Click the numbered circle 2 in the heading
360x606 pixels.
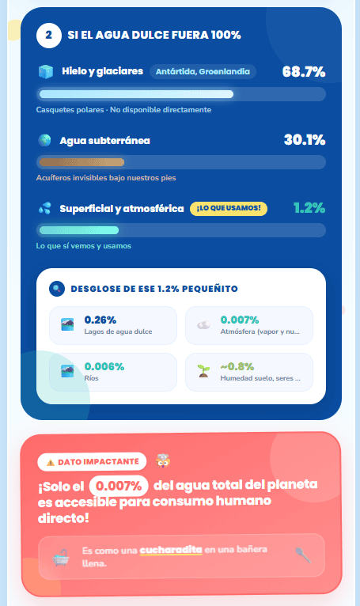tap(49, 36)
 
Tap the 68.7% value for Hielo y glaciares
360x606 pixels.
tap(304, 72)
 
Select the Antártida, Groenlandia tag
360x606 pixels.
tap(203, 71)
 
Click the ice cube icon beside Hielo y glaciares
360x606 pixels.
tap(46, 72)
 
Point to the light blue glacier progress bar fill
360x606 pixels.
tap(136, 94)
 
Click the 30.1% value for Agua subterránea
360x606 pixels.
tap(305, 140)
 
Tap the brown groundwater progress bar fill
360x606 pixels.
tap(81, 162)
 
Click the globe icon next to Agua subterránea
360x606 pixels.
tap(44, 140)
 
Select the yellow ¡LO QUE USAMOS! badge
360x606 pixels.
tap(229, 208)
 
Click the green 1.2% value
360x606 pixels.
tap(309, 208)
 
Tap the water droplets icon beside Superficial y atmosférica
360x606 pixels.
tap(44, 209)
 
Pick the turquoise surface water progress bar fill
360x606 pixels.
tap(79, 230)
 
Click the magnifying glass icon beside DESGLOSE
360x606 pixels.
tap(57, 289)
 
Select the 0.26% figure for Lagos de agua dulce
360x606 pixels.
tap(100, 320)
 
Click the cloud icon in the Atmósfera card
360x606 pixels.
tap(203, 325)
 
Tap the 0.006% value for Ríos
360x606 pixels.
tap(104, 366)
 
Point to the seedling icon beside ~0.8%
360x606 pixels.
tap(203, 371)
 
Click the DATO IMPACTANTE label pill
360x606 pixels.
tap(92, 462)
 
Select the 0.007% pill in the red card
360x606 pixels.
tap(119, 486)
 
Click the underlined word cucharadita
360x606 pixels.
tap(171, 550)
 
